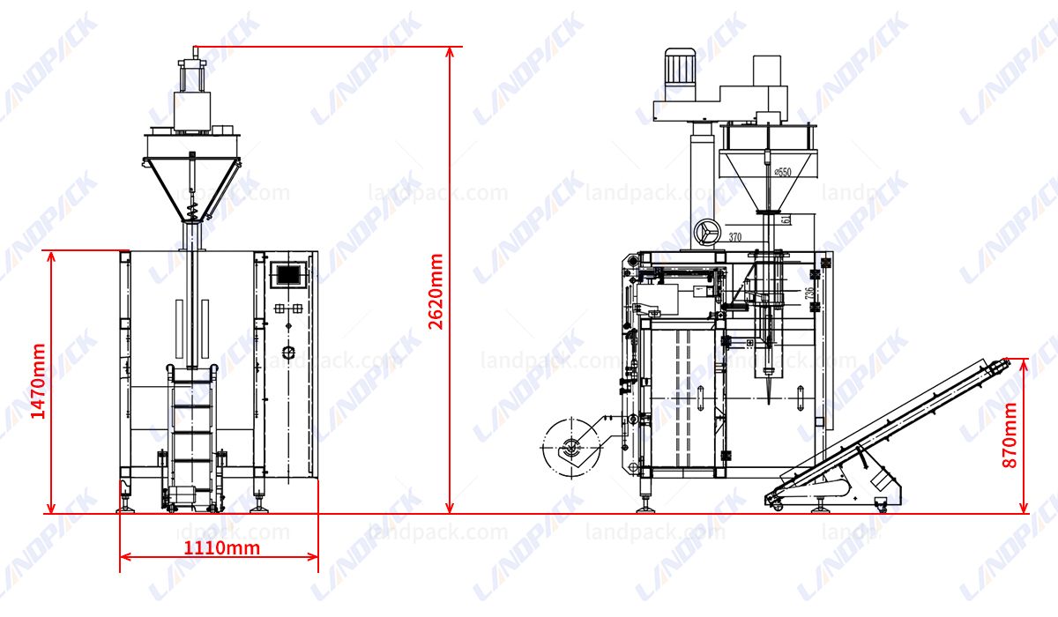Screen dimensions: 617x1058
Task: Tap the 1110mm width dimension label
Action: click(221, 547)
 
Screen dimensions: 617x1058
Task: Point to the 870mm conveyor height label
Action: click(1010, 435)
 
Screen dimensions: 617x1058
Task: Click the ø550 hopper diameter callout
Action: click(782, 172)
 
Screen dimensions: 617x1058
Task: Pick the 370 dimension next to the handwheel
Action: click(736, 237)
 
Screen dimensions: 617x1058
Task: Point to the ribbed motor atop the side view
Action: click(679, 67)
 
